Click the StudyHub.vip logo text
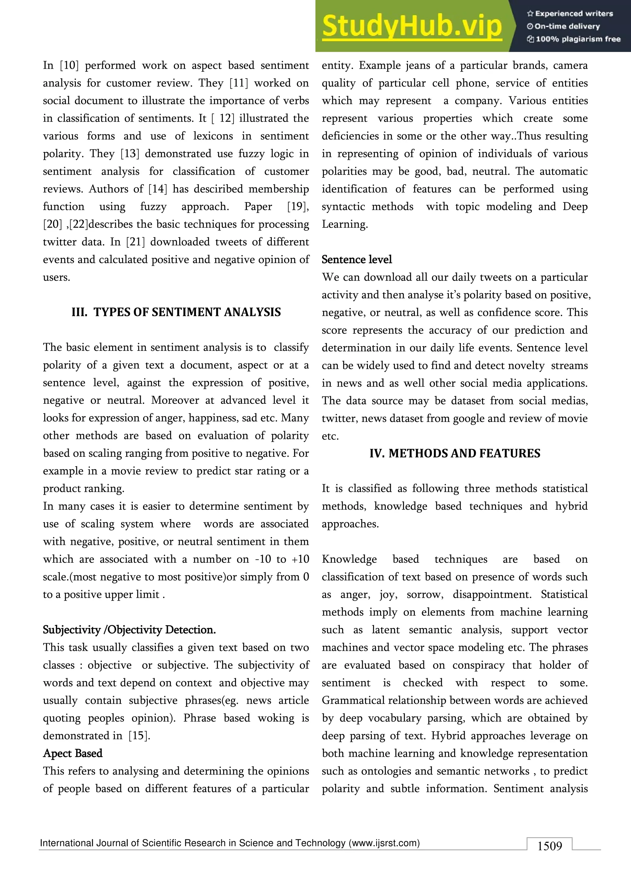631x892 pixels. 412,26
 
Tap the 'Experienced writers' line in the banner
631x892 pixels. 570,14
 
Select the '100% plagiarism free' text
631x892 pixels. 574,39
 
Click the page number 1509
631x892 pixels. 549,846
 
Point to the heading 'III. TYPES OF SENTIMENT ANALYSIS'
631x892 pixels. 176,312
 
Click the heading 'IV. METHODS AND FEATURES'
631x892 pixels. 454,453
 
